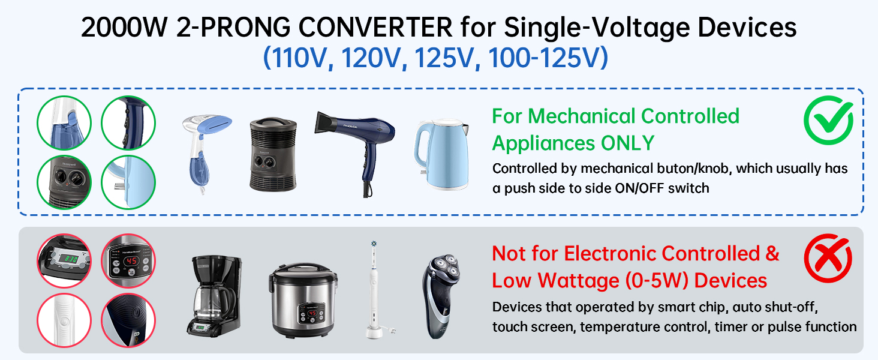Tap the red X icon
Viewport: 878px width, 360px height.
pos(828,259)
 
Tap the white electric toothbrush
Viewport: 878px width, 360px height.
pos(374,288)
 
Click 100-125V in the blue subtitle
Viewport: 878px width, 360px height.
pos(548,58)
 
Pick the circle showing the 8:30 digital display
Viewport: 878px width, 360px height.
pos(64,260)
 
